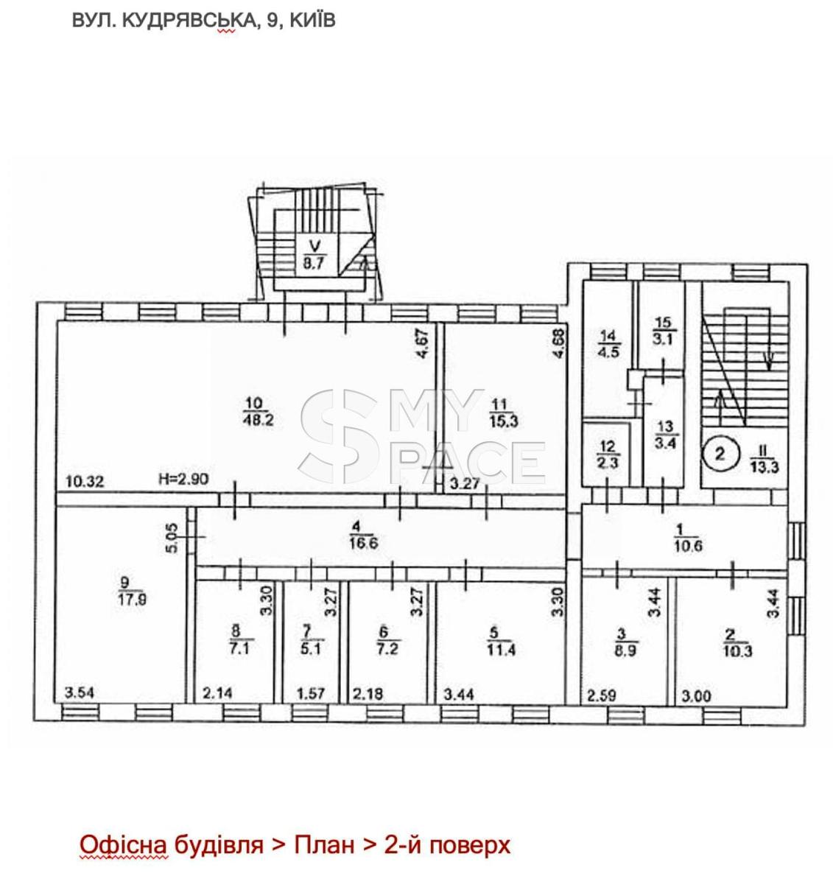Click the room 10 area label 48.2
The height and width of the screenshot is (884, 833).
(259, 419)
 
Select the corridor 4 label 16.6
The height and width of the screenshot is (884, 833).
(364, 543)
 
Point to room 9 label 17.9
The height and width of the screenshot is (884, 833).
(133, 599)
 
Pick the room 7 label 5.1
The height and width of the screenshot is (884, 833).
(312, 649)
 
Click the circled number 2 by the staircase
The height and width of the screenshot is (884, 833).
(720, 454)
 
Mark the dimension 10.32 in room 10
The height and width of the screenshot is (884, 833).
(85, 481)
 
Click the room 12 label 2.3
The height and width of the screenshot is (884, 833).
(608, 463)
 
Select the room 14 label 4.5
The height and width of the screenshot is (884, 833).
(608, 351)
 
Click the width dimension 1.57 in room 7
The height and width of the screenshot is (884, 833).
(311, 693)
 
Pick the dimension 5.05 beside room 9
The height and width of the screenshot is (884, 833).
(172, 538)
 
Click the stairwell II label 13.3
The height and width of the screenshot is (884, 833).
(765, 467)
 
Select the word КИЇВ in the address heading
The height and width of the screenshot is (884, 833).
(312, 21)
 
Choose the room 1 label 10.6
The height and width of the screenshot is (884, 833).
(689, 545)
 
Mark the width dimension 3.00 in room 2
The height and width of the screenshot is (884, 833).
(696, 695)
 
